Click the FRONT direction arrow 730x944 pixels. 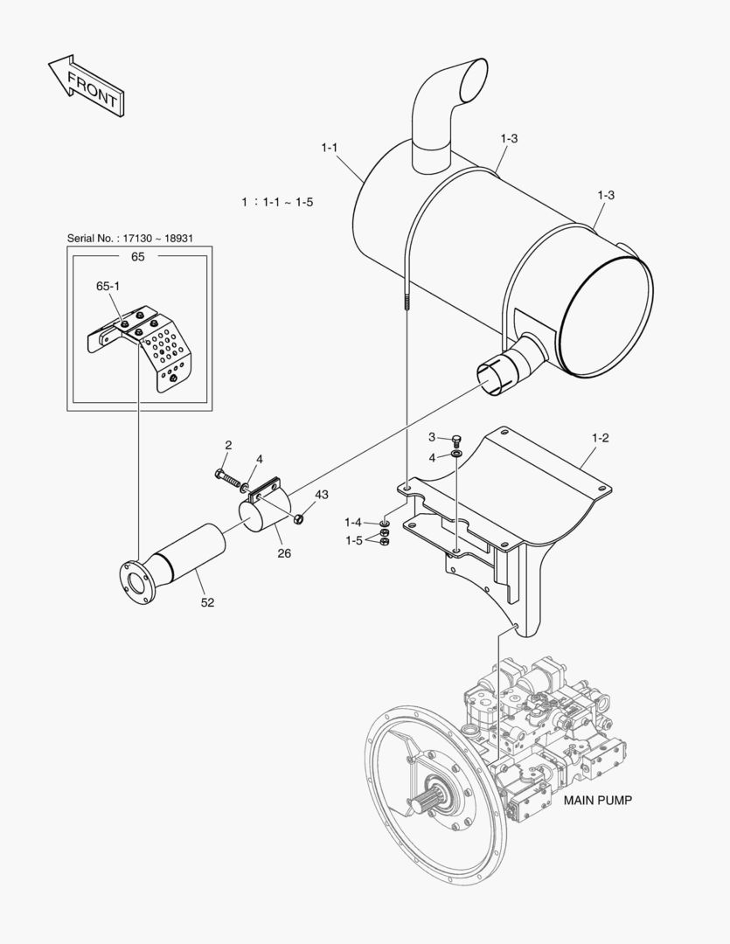[85, 85]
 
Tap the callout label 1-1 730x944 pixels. [330, 148]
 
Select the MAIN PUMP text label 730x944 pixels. [597, 800]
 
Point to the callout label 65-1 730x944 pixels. [108, 286]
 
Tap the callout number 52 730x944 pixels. [208, 602]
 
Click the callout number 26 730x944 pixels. [285, 552]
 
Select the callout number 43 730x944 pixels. [322, 495]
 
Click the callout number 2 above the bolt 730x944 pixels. [228, 445]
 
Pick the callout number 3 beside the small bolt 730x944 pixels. [432, 436]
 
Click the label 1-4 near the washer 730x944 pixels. [352, 522]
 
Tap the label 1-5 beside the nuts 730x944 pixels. [352, 540]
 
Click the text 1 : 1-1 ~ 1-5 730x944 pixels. [277, 202]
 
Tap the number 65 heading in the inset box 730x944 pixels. [138, 257]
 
